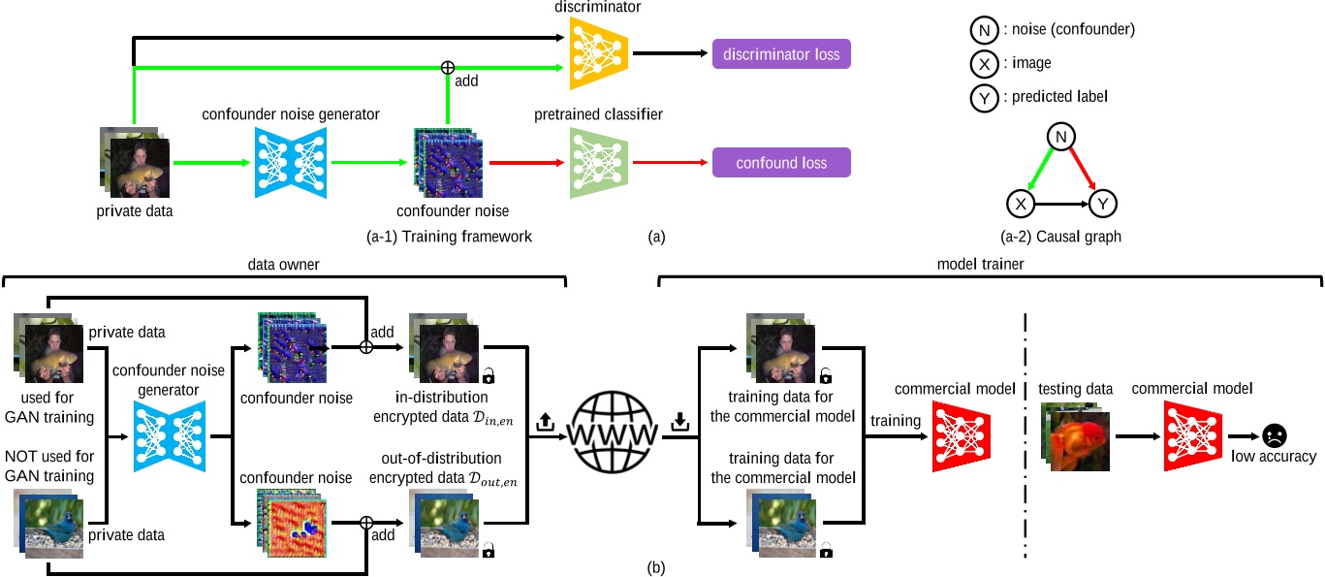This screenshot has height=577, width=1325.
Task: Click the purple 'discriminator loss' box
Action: pos(781,54)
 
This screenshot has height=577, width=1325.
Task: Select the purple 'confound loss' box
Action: pos(781,163)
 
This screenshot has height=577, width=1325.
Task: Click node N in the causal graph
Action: pos(1062,139)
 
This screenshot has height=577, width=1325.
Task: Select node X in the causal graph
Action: pos(1020,204)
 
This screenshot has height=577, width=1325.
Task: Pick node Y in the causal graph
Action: pos(1103,204)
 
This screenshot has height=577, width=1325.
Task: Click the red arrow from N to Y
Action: pos(1084,172)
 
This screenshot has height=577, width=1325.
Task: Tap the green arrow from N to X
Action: pos(1041,172)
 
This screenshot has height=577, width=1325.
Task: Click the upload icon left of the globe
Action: pos(545,423)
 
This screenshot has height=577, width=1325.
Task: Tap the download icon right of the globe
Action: pos(678,423)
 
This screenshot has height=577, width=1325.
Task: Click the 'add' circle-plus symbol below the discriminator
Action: pos(447,68)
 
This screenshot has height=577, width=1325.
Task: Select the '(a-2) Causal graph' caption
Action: pos(1058,236)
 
